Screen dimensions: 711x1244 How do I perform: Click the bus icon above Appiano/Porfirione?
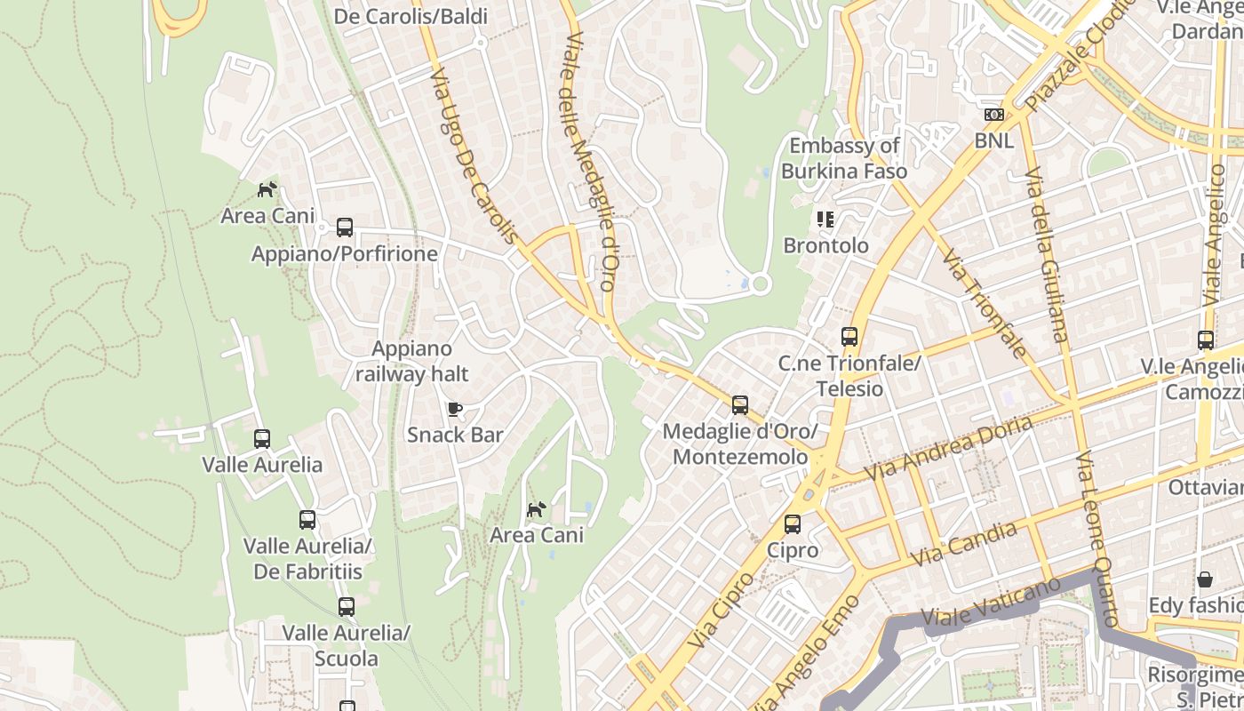click(345, 228)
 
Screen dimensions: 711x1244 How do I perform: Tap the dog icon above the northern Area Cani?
click(267, 189)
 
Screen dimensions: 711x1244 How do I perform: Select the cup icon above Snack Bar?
click(455, 409)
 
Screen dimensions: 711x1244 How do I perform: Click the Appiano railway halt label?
click(411, 362)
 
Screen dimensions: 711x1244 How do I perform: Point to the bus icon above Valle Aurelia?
click(262, 439)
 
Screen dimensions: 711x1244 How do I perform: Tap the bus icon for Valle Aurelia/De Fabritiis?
click(307, 520)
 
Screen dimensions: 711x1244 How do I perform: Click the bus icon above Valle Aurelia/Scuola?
click(347, 607)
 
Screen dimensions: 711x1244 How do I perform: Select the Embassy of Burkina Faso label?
click(844, 158)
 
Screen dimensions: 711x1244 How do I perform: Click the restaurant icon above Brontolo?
click(825, 219)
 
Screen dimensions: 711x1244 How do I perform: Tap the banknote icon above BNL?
click(993, 115)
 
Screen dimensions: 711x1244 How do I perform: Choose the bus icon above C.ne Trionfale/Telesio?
click(849, 337)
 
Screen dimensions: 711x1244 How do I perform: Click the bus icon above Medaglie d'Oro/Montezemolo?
click(740, 405)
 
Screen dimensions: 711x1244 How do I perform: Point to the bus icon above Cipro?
click(793, 524)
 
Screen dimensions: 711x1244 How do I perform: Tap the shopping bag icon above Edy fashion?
click(1205, 579)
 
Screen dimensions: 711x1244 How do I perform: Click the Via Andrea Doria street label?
click(947, 447)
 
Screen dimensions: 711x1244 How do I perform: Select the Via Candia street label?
click(963, 544)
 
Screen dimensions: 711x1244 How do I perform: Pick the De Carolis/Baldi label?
click(411, 16)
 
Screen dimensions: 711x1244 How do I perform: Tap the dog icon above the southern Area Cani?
click(537, 509)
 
